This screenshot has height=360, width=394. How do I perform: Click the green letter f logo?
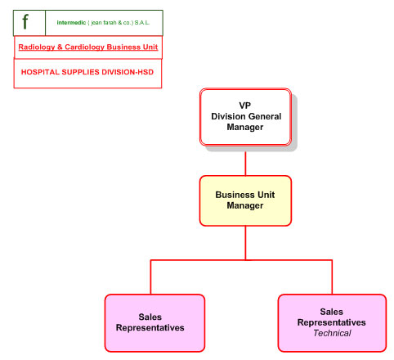(25, 21)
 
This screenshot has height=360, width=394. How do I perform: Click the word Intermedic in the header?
(71, 23)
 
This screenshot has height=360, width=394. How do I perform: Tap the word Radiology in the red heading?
(37, 47)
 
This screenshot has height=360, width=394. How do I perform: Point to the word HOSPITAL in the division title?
(40, 72)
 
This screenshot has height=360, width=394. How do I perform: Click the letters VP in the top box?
(244, 106)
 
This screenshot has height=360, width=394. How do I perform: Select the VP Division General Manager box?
(245, 117)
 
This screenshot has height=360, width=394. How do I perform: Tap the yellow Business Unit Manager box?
(245, 200)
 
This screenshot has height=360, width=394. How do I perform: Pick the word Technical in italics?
(332, 333)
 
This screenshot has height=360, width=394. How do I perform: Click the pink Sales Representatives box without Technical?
(154, 323)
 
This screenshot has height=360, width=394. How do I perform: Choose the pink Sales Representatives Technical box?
(332, 323)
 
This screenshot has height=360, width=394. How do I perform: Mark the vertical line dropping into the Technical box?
(332, 277)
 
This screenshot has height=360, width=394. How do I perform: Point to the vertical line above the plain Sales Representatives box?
(150, 277)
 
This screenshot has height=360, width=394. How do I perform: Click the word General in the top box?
(265, 116)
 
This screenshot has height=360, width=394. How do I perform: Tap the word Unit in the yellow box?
(266, 195)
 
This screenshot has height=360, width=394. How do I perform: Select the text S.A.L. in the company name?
(142, 23)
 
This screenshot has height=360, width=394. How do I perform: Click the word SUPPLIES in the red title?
(80, 72)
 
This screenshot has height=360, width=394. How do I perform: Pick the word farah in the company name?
(110, 23)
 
